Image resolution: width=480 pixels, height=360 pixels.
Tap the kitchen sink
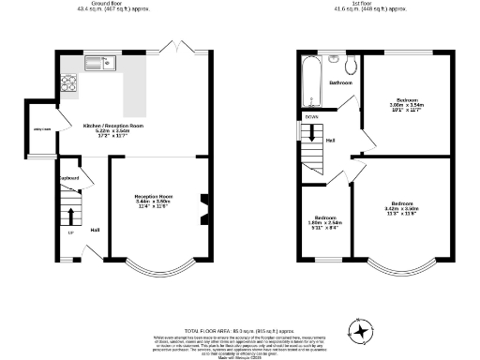(97, 64)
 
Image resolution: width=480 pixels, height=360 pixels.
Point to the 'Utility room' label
(42, 129)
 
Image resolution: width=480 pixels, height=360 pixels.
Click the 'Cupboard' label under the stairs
(68, 178)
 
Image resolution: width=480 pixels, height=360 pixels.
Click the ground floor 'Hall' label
(95, 230)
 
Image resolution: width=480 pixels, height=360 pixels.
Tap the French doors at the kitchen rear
(172, 46)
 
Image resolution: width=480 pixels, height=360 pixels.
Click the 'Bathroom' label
(340, 83)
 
